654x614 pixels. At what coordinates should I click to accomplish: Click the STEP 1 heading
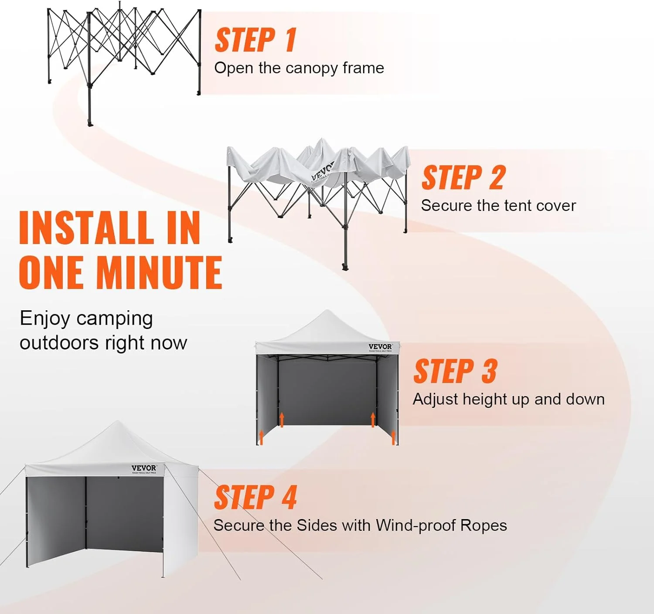tap(255, 40)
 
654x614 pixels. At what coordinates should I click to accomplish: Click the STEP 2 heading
tap(463, 177)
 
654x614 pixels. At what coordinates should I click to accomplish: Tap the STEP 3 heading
tap(455, 371)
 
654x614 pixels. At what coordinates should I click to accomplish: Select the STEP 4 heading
tap(255, 498)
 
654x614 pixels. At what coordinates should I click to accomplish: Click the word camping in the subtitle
tap(114, 319)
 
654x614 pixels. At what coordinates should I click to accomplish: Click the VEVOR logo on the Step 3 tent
tap(380, 347)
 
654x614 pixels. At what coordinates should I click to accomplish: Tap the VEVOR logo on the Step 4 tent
tap(144, 468)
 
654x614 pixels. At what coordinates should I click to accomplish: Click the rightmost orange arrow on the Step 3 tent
tap(394, 437)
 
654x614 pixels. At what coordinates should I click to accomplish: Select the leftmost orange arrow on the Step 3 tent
tap(261, 437)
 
